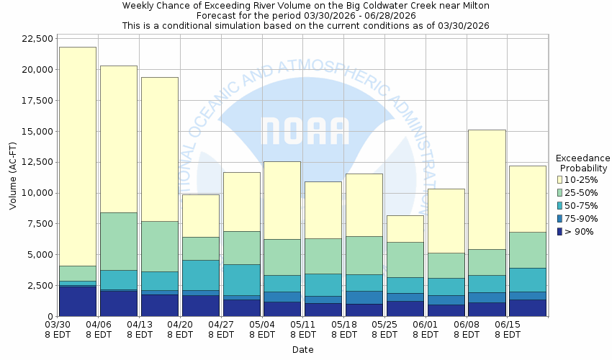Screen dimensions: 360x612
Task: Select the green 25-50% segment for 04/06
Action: click(x=119, y=241)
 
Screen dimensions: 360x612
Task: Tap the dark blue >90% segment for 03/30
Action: click(x=78, y=301)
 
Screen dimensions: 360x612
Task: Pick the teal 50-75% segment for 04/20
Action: click(x=201, y=275)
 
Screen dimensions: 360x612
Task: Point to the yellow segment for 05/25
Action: click(x=405, y=228)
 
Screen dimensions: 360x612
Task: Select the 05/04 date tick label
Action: click(x=263, y=330)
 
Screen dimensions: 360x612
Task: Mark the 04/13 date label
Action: click(x=140, y=330)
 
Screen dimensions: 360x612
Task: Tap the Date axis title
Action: click(x=303, y=350)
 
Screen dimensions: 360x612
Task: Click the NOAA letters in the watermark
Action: click(x=306, y=132)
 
